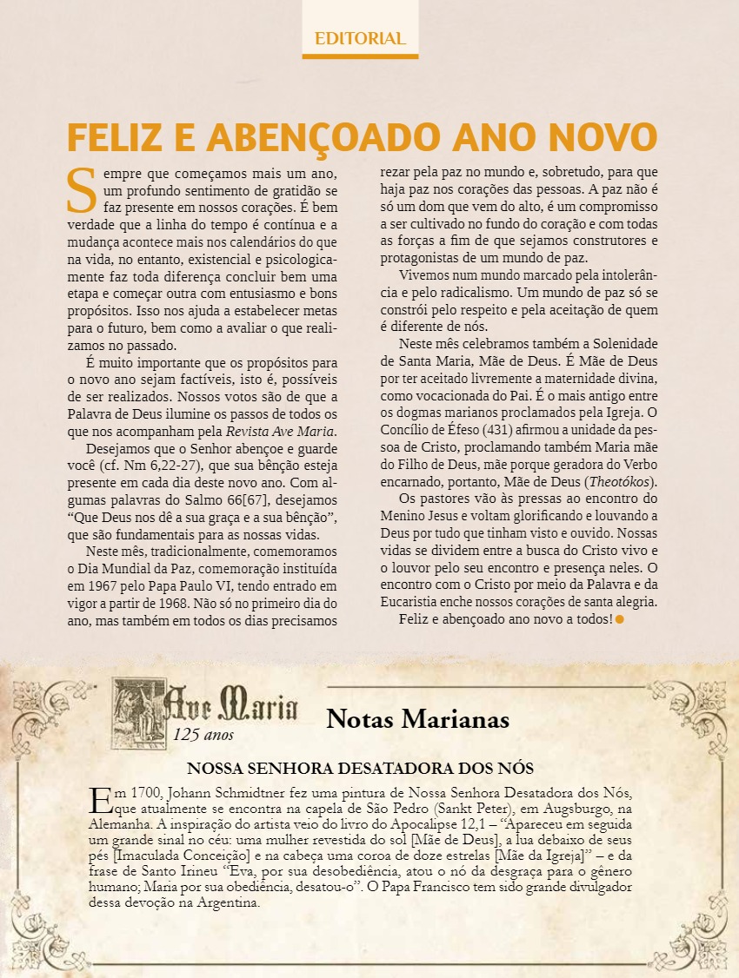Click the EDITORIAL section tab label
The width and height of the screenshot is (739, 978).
coord(360,38)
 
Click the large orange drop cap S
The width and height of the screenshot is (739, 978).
coord(82,188)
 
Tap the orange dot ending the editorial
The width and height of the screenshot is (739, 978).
coord(620,619)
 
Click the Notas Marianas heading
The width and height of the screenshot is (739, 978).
coord(417,719)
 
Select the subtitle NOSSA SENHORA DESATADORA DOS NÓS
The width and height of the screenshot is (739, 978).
coord(360,769)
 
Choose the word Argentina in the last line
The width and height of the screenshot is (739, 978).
coord(223,903)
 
